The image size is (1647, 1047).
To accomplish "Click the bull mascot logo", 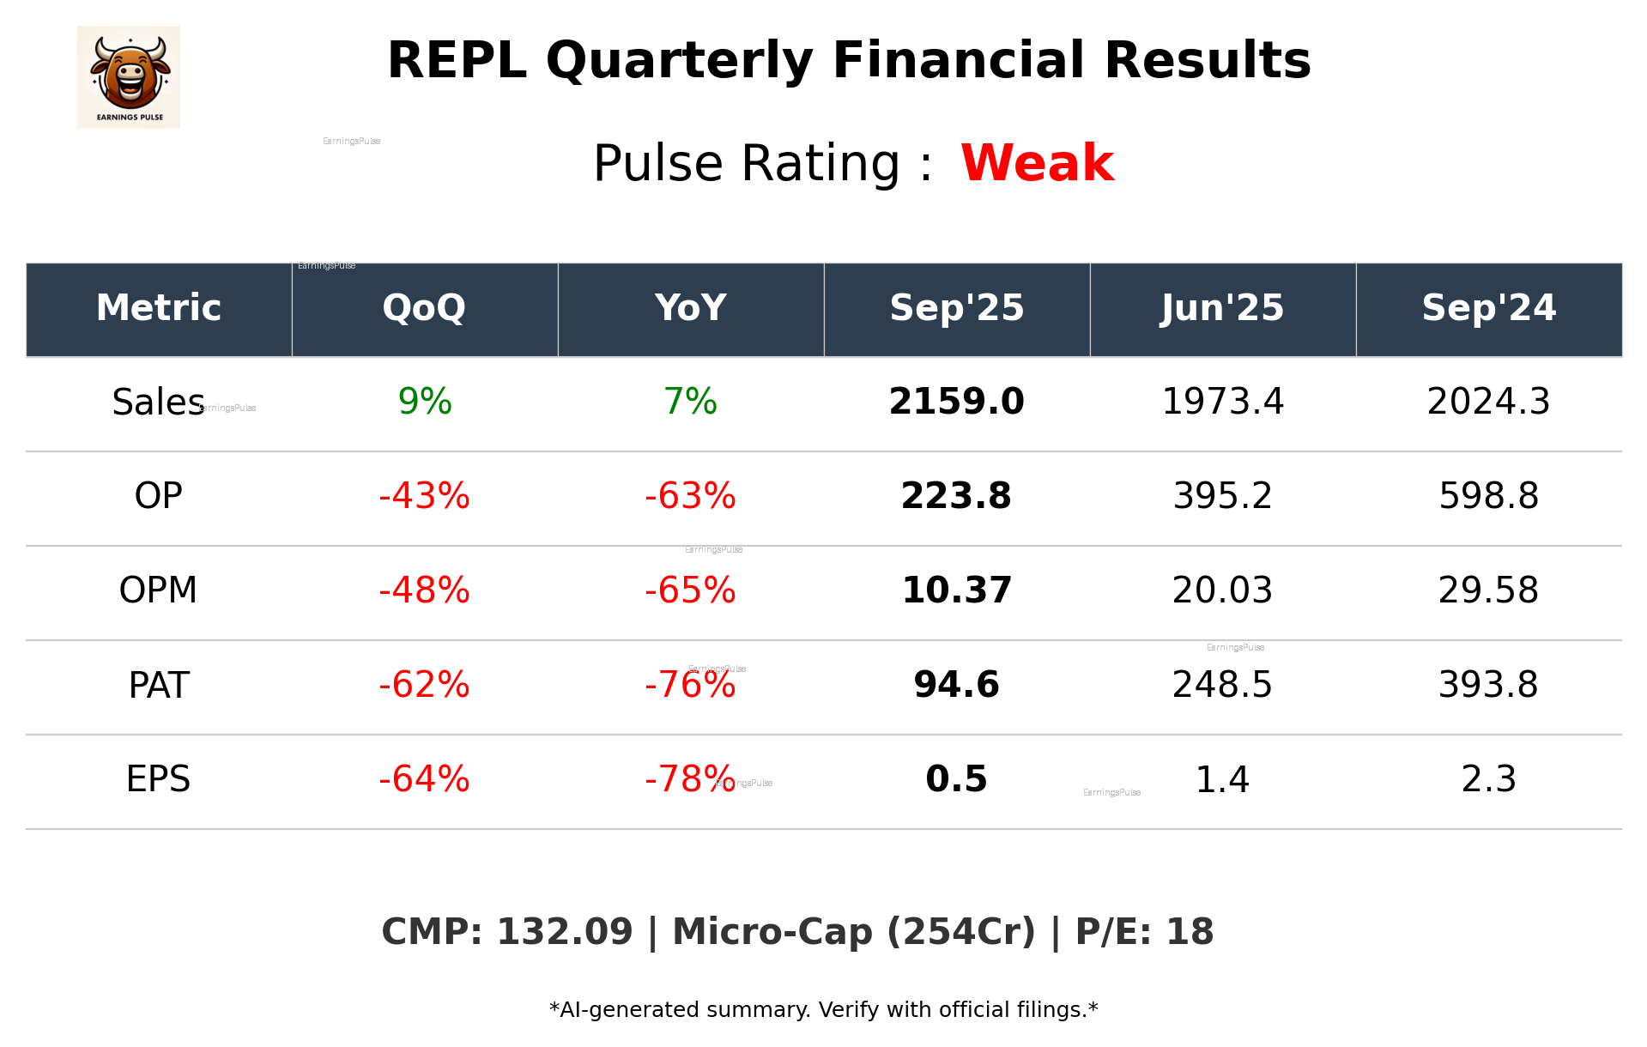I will pyautogui.click(x=129, y=76).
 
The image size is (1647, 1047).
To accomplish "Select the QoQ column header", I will pyautogui.click(x=424, y=308).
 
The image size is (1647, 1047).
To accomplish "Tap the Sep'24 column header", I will pyautogui.click(x=1488, y=308).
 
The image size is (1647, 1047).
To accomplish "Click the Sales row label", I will pyautogui.click(x=158, y=402).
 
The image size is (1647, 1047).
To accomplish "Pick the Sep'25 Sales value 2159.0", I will pyautogui.click(x=956, y=402).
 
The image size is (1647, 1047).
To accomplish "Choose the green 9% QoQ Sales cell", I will pyautogui.click(x=425, y=402).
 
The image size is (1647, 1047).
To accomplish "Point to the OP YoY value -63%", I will pyautogui.click(x=690, y=496).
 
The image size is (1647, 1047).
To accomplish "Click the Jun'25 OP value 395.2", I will pyautogui.click(x=1222, y=496).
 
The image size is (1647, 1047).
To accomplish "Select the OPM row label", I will pyautogui.click(x=158, y=590).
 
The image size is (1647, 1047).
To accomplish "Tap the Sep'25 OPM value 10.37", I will pyautogui.click(x=956, y=590).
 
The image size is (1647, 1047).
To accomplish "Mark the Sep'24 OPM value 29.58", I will pyautogui.click(x=1488, y=590).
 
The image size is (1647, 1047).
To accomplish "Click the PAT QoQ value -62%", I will pyautogui.click(x=424, y=685).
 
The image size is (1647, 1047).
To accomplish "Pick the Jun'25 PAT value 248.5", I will pyautogui.click(x=1222, y=685).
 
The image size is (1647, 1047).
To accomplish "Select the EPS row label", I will pyautogui.click(x=158, y=779).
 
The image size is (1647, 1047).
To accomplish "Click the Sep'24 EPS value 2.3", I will pyautogui.click(x=1488, y=779).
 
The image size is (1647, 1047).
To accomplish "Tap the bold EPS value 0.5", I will pyautogui.click(x=956, y=779).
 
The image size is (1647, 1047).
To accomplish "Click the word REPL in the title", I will pyautogui.click(x=457, y=61).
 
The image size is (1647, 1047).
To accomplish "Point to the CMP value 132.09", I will pyautogui.click(x=564, y=932).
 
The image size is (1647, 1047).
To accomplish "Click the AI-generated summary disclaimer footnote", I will pyautogui.click(x=823, y=1010).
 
